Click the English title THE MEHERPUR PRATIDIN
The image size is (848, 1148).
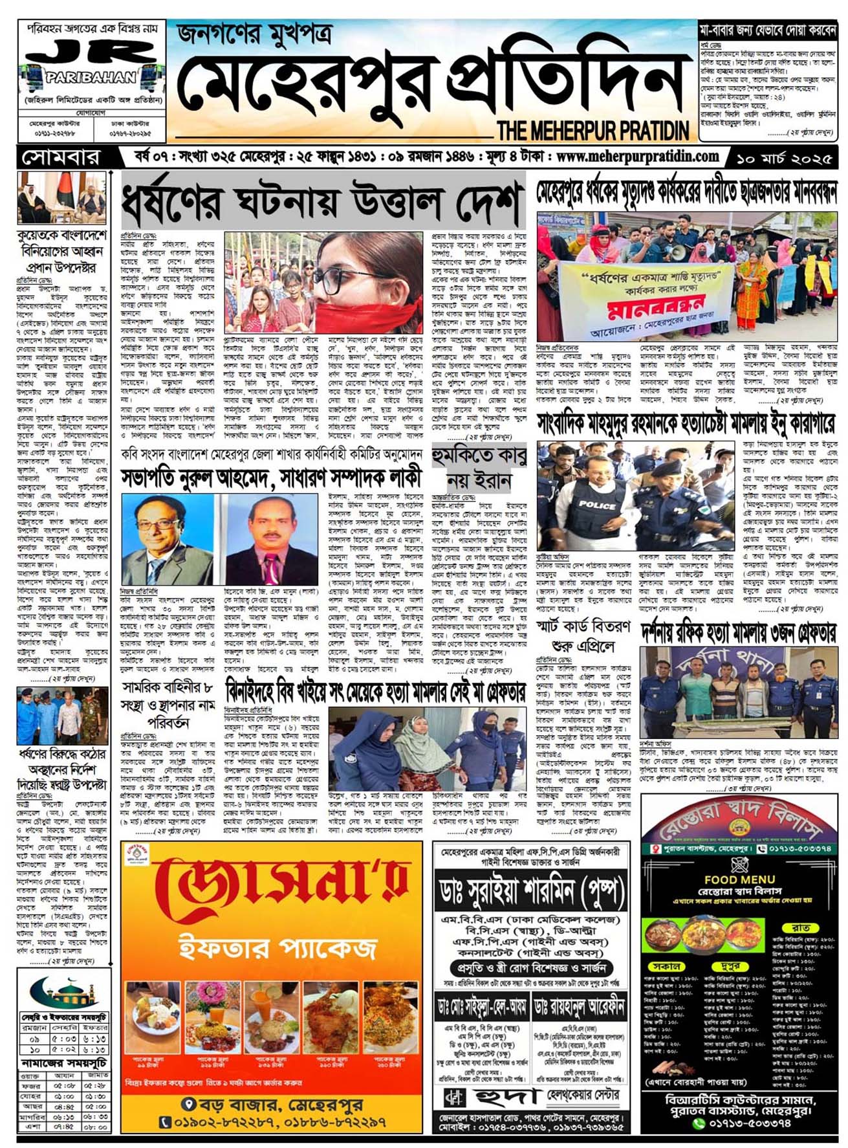[593, 131]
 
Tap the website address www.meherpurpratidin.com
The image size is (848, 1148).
[637, 156]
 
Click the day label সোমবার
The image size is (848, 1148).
[61, 158]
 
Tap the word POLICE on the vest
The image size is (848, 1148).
[597, 504]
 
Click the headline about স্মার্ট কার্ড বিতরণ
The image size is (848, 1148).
[583, 636]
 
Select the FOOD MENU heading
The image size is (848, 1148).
[739, 879]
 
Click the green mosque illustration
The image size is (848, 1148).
[65, 991]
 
